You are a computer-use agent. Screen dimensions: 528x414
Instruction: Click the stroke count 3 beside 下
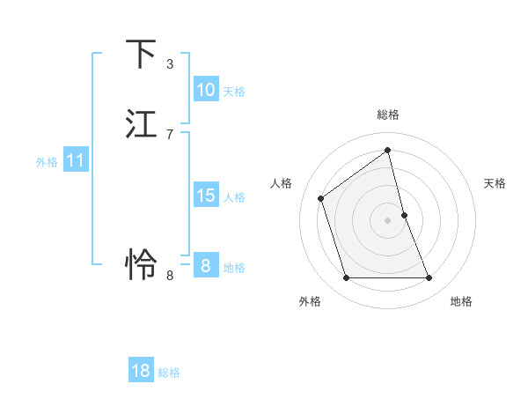(x=170, y=64)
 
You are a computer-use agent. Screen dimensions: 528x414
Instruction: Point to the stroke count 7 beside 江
(x=170, y=134)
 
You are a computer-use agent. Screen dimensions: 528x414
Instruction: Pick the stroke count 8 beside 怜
(x=170, y=276)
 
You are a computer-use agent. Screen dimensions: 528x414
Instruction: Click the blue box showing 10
(x=205, y=90)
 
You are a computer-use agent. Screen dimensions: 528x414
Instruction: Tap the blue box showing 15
(x=205, y=196)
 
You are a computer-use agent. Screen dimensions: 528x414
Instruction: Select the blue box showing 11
(x=76, y=160)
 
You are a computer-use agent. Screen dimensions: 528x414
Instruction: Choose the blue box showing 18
(x=141, y=371)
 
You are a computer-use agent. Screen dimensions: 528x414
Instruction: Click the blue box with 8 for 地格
(x=205, y=265)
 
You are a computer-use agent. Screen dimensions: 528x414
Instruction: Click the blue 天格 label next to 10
(x=234, y=92)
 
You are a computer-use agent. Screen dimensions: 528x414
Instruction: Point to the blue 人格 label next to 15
(x=234, y=197)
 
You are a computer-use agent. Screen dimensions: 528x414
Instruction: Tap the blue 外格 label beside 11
(x=47, y=162)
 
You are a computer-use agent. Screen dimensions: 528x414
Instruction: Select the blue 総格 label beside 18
(x=169, y=373)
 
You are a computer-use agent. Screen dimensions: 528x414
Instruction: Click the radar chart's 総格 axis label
(x=388, y=115)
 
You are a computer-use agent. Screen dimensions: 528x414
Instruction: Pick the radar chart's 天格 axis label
(x=495, y=183)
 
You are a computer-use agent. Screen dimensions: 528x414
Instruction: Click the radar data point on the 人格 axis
(x=321, y=198)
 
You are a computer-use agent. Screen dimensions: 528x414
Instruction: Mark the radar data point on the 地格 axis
(x=429, y=278)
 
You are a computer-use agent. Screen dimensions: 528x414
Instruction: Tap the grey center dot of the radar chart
(x=388, y=219)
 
